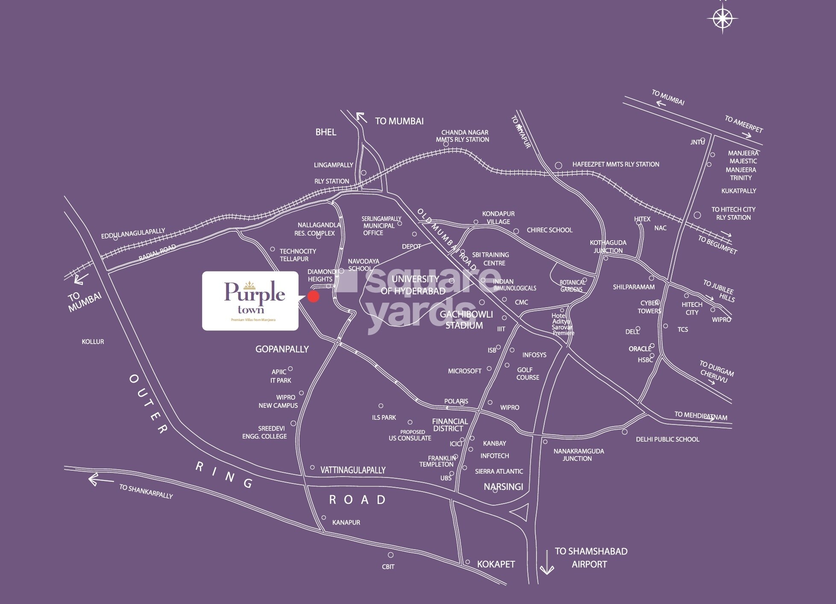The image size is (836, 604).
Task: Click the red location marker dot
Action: pyautogui.click(x=313, y=297)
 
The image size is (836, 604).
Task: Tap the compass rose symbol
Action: pyautogui.click(x=722, y=18)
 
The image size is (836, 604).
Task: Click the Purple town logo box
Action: pyautogui.click(x=250, y=301)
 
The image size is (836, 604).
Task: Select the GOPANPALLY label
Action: pyautogui.click(x=282, y=349)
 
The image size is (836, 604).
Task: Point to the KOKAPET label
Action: pyautogui.click(x=496, y=564)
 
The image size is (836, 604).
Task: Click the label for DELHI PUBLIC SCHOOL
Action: pyautogui.click(x=667, y=439)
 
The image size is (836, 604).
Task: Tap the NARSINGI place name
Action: pyautogui.click(x=503, y=486)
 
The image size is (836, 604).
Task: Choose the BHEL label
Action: pyautogui.click(x=326, y=132)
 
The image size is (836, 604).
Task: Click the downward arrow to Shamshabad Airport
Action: pyautogui.click(x=547, y=563)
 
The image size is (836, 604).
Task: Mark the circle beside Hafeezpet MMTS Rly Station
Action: pyautogui.click(x=558, y=165)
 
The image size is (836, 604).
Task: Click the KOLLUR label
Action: pyautogui.click(x=93, y=342)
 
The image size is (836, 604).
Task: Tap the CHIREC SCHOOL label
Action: pyautogui.click(x=549, y=230)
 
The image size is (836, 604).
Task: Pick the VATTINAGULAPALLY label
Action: pyautogui.click(x=353, y=470)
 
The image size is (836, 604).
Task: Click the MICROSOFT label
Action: pyautogui.click(x=464, y=371)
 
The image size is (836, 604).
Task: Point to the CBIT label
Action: pyautogui.click(x=388, y=567)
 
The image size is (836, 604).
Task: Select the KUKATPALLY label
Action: pyautogui.click(x=739, y=191)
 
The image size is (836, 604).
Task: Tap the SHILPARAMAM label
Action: pyautogui.click(x=634, y=287)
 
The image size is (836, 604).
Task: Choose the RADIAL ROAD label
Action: pyautogui.click(x=157, y=253)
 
